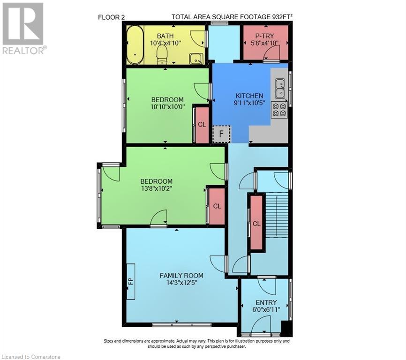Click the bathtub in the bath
pyautogui.click(x=135, y=45)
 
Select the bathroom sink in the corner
pyautogui.click(x=196, y=58)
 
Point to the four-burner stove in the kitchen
pyautogui.click(x=279, y=110)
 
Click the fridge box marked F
pyautogui.click(x=221, y=134)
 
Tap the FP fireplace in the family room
pyautogui.click(x=131, y=282)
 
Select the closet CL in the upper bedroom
pyautogui.click(x=202, y=125)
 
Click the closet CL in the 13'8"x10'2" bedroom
pyautogui.click(x=217, y=206)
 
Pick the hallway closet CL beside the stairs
pyautogui.click(x=256, y=223)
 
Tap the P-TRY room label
pyautogui.click(x=265, y=36)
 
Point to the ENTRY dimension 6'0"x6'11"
pyautogui.click(x=266, y=310)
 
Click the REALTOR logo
pyautogui.click(x=23, y=28)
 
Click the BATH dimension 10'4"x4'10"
pyautogui.click(x=165, y=43)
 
